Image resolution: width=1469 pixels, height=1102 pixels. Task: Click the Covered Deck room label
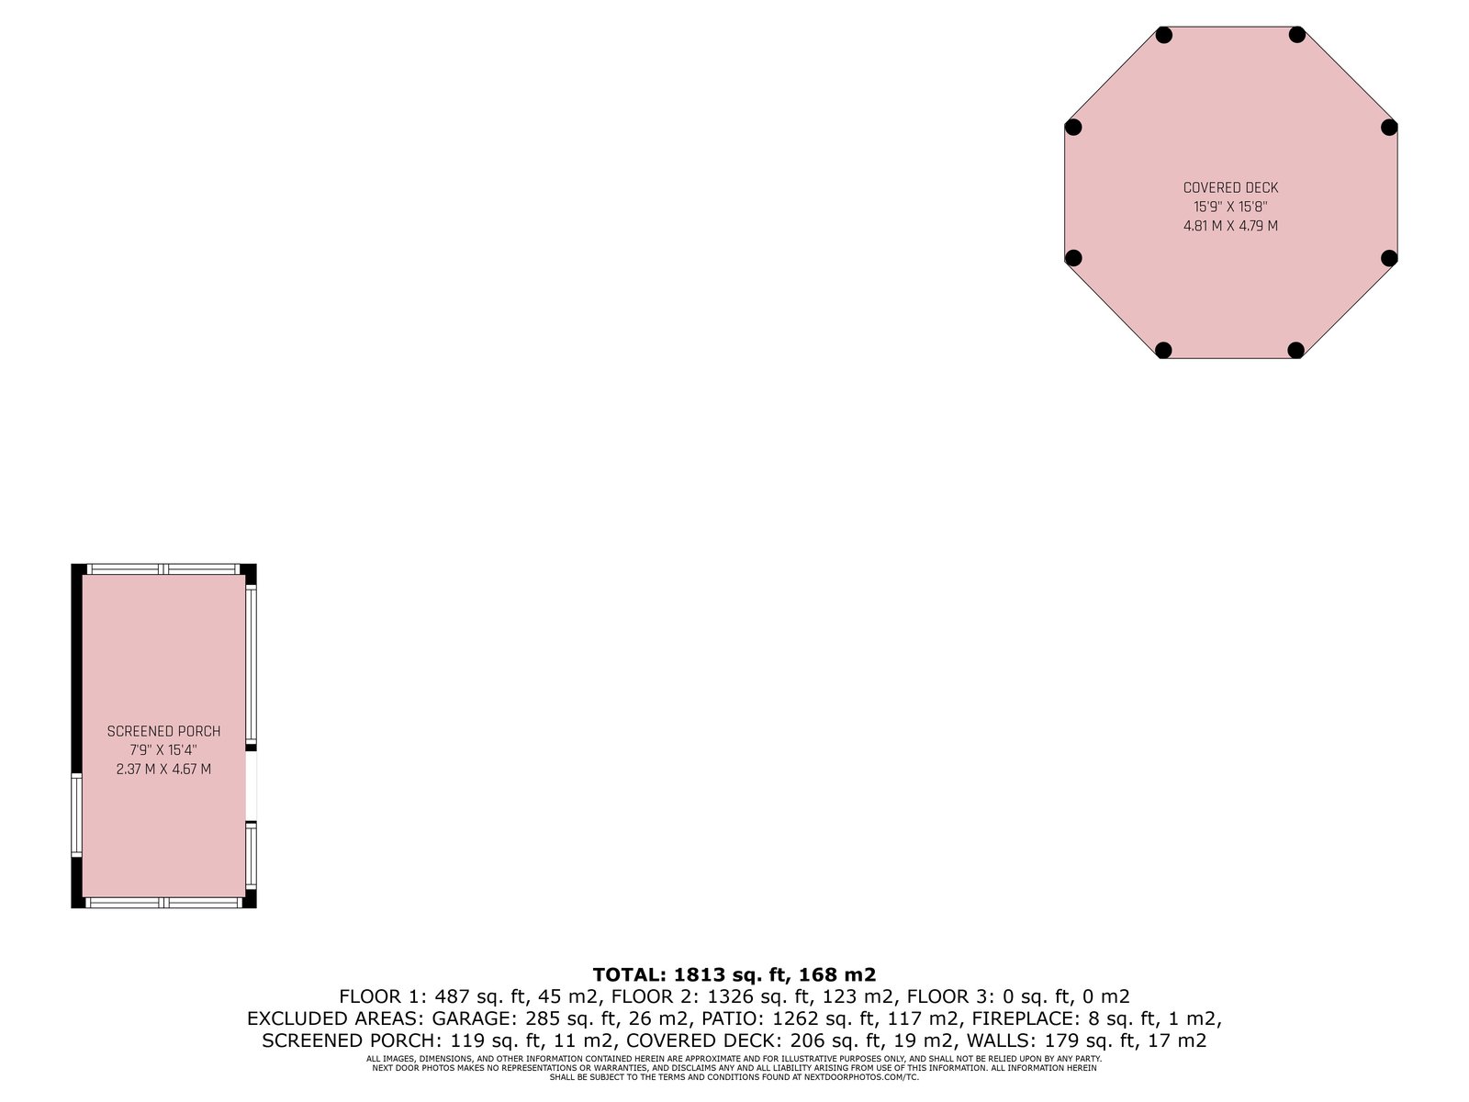coord(1230,188)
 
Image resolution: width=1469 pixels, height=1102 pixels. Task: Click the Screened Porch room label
coord(164,731)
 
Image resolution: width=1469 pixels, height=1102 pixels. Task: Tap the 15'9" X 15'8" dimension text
coord(1230,207)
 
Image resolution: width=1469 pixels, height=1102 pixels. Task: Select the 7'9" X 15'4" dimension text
coord(164,750)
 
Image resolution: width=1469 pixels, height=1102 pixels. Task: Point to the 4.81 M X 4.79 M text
coord(1230,226)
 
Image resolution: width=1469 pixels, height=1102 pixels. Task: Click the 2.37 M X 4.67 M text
coord(164,769)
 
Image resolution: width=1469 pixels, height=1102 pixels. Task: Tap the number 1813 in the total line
coord(700,974)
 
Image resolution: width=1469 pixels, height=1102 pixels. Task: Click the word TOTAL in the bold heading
coord(628,974)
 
